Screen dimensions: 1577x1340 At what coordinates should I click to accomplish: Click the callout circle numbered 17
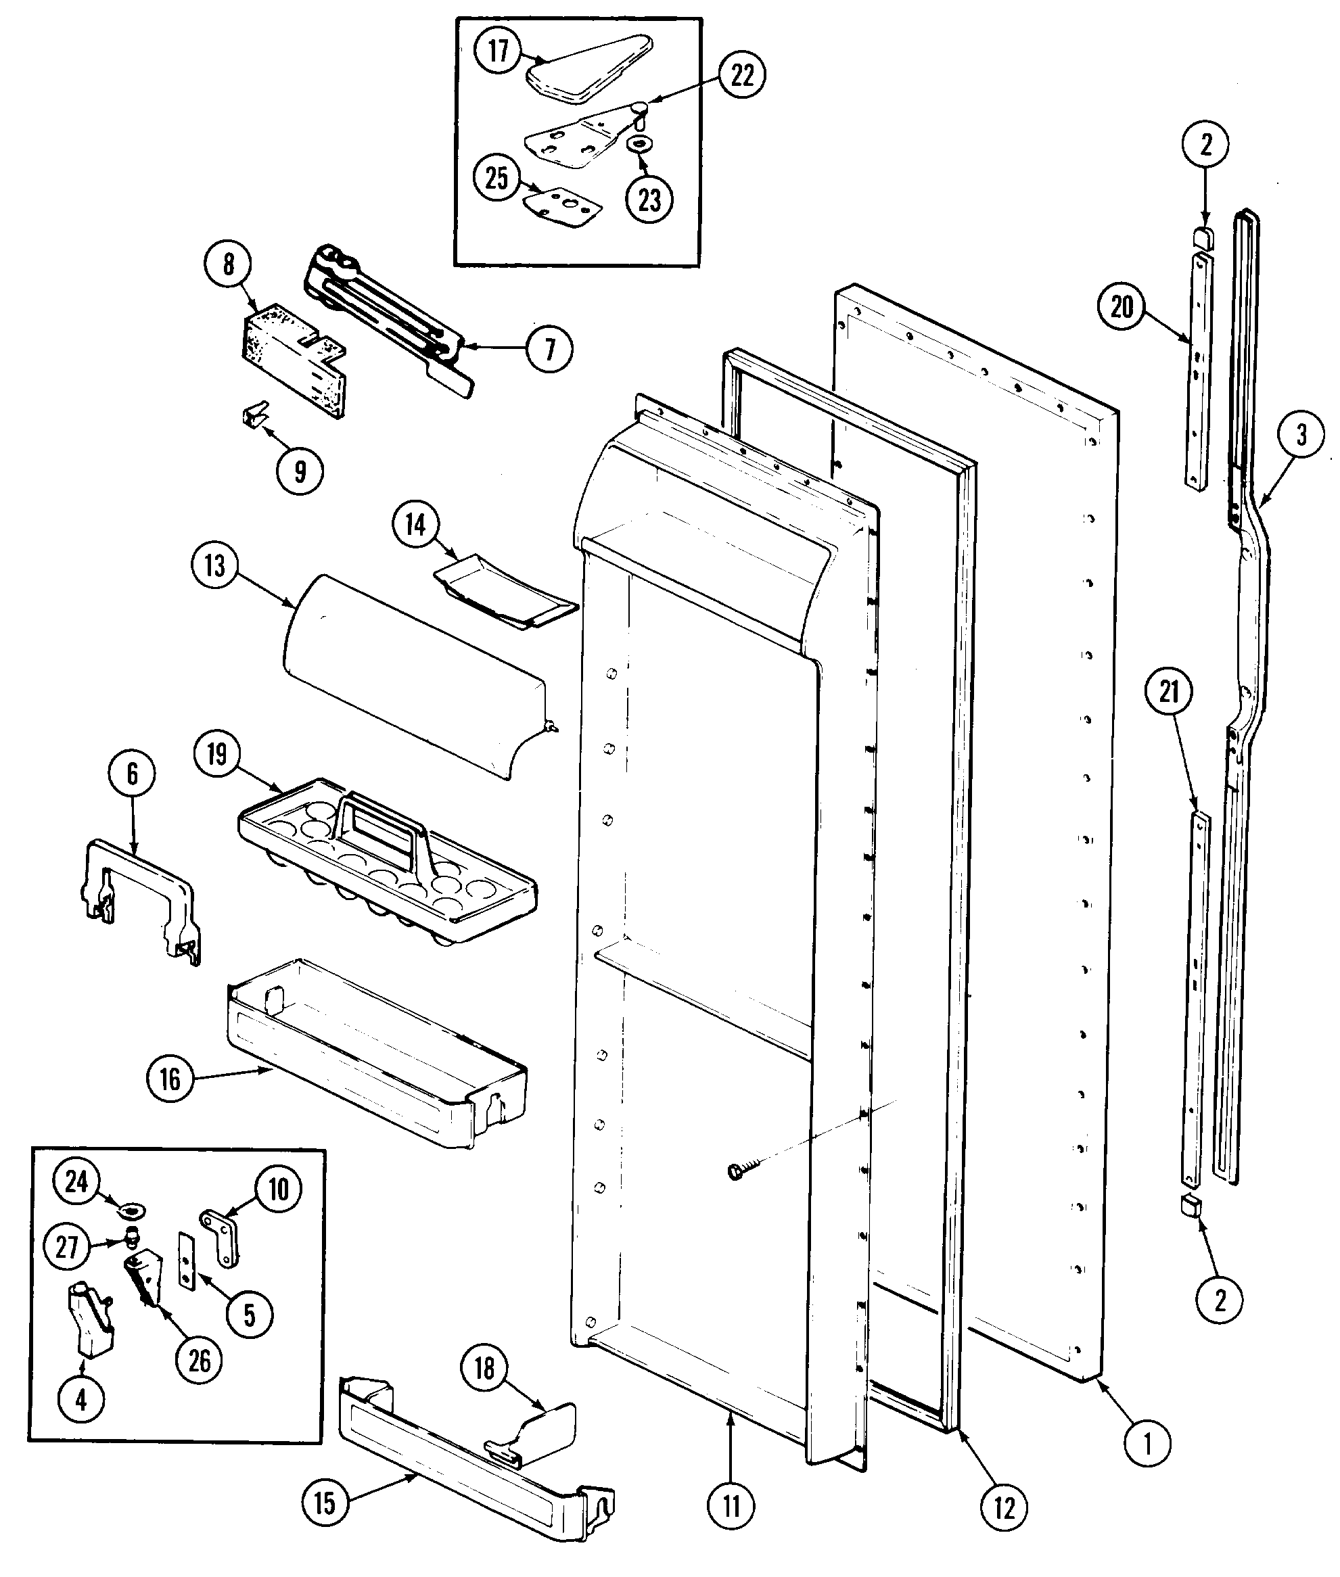[x=498, y=51]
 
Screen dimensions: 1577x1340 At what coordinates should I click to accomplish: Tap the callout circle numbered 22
[x=741, y=75]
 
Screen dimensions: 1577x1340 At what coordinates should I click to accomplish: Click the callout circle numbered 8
[x=228, y=264]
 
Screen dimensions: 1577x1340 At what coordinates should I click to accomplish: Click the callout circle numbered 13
[x=215, y=565]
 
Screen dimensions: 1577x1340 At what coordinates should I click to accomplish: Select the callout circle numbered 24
[x=76, y=1181]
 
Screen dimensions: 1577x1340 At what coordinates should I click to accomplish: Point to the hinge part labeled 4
[x=94, y=1322]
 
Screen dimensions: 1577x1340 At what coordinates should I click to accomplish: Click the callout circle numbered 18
[x=484, y=1368]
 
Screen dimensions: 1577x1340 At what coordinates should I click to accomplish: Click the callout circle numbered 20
[x=1122, y=308]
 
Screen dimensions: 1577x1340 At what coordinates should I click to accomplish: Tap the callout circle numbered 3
[x=1301, y=435]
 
